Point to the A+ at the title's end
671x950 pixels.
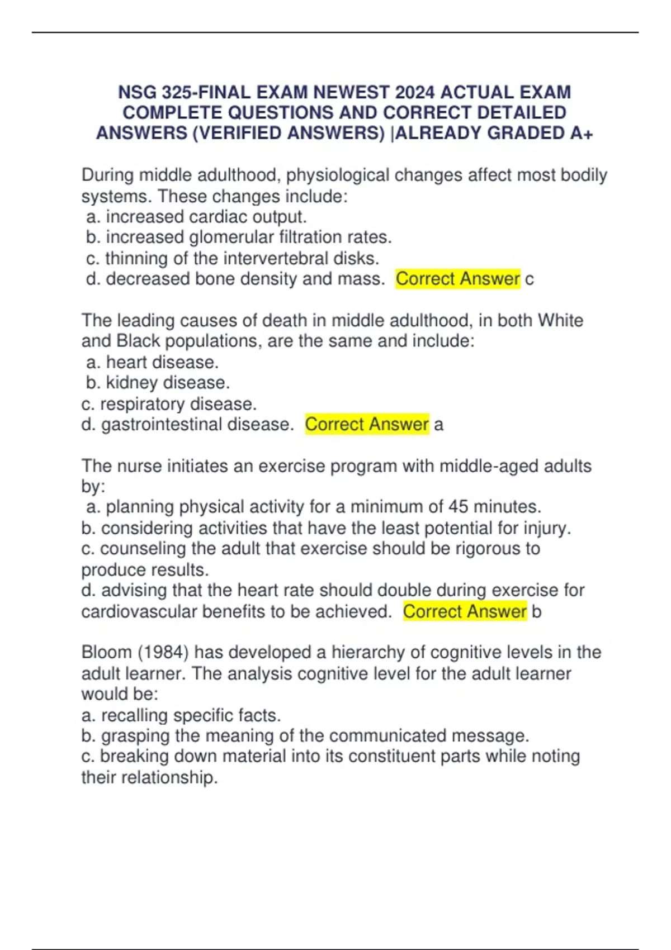point(582,133)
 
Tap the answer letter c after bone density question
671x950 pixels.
point(530,279)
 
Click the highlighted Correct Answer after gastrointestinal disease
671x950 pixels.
point(367,424)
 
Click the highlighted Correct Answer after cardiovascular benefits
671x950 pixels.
point(465,611)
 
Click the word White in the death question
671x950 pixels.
point(560,320)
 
